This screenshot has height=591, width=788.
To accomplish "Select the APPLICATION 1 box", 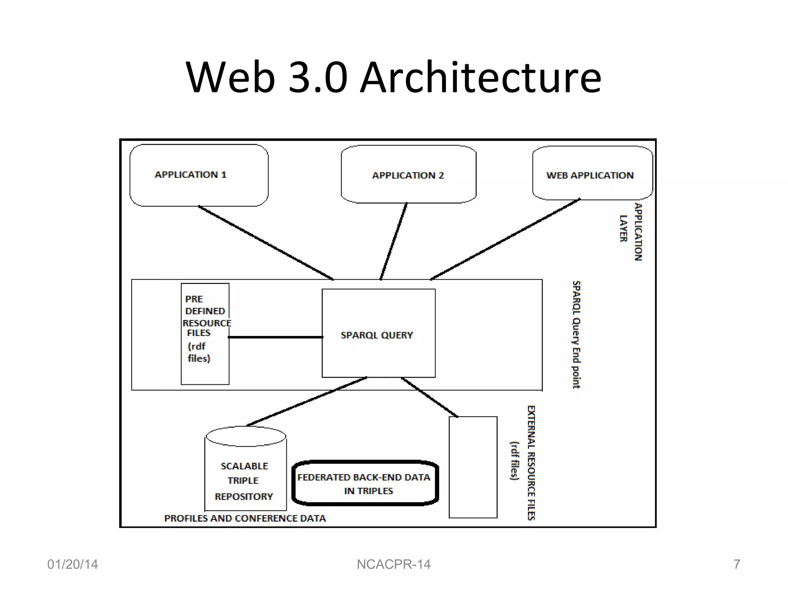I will click(x=199, y=175).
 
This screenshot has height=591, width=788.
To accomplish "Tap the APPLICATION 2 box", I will click(x=409, y=175).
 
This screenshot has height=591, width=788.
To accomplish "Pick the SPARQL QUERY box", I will click(x=379, y=334).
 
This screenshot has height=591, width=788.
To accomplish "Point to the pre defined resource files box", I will click(x=205, y=334).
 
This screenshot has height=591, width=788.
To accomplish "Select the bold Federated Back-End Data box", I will click(x=365, y=483).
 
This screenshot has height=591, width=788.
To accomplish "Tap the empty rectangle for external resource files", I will click(x=473, y=467).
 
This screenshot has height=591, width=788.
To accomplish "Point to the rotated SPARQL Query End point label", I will click(x=576, y=334).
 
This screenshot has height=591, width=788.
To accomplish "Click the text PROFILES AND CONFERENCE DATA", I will click(x=245, y=519).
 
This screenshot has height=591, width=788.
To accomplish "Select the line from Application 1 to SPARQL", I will click(x=265, y=243).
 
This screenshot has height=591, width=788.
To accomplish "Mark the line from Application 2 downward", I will click(x=394, y=241).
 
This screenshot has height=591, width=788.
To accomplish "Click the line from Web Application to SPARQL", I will click(x=505, y=239).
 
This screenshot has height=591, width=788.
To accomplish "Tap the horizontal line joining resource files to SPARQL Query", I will click(x=275, y=337).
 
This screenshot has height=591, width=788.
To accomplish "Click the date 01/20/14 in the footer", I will click(x=73, y=564).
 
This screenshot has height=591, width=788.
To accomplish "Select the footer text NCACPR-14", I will click(x=394, y=564).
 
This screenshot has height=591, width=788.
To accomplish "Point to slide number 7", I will click(x=736, y=564).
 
